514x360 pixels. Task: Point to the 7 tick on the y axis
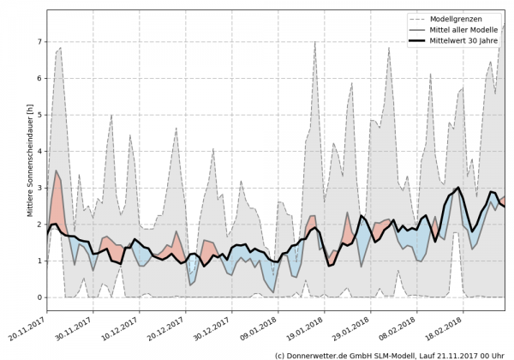39,41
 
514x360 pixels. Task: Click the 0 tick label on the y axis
39,297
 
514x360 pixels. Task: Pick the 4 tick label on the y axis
39,151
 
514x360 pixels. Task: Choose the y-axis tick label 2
39,225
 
